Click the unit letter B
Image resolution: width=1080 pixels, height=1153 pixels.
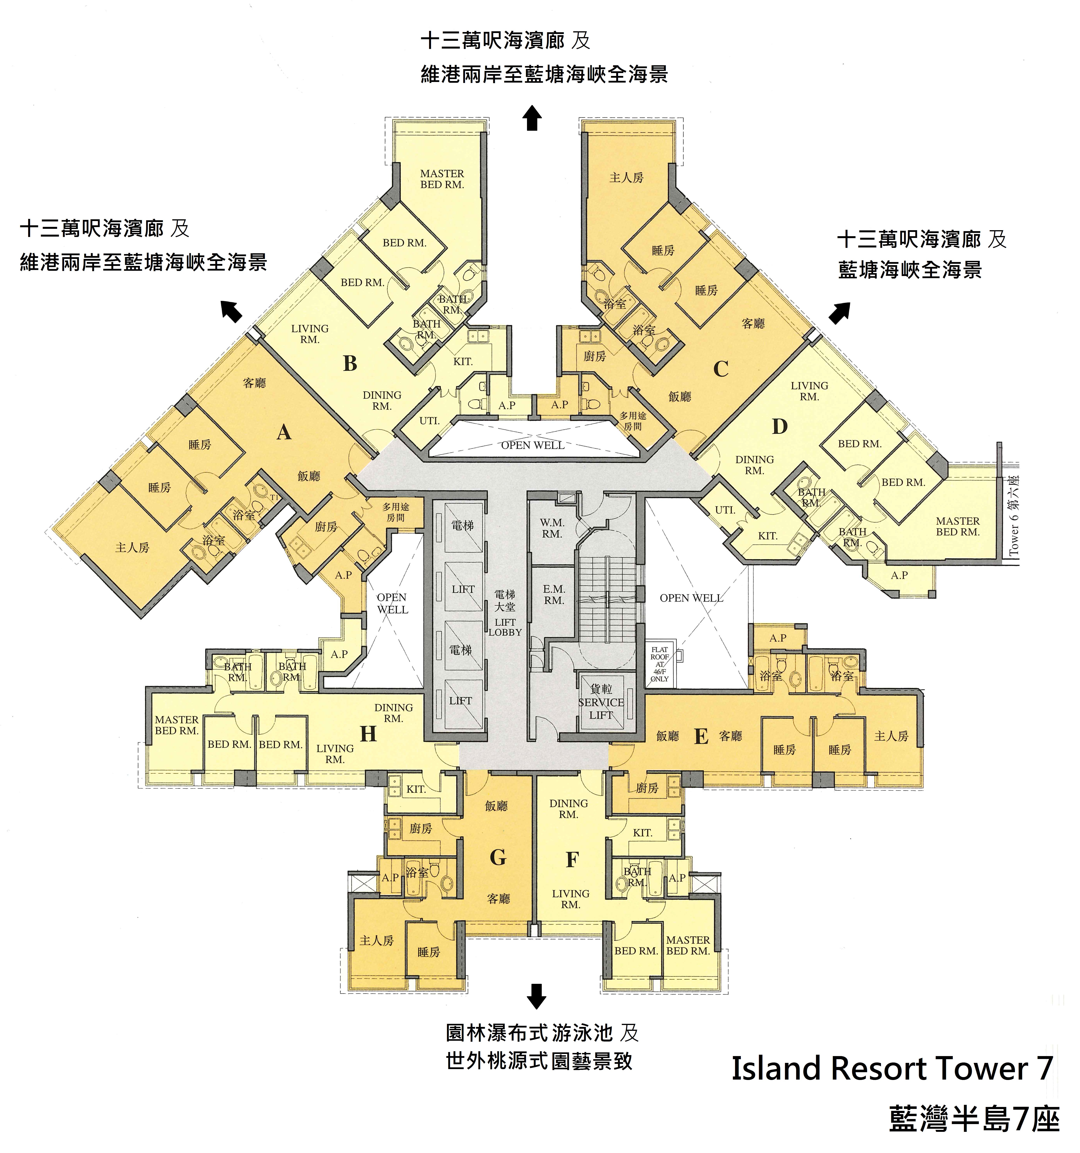click(x=350, y=364)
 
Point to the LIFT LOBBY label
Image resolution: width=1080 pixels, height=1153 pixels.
click(x=505, y=627)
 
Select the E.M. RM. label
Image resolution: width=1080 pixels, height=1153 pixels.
click(x=554, y=595)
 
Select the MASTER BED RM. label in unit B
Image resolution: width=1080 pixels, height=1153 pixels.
click(x=442, y=179)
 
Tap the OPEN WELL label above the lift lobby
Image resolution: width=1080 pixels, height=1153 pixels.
click(x=532, y=445)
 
